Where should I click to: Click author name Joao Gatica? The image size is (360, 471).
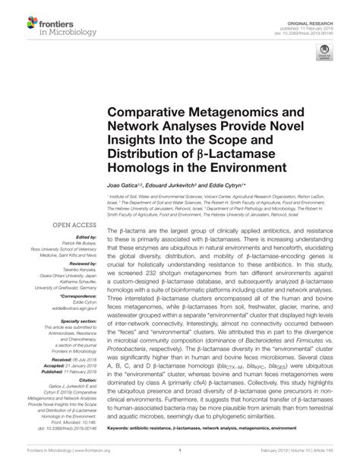tap(126, 185)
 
